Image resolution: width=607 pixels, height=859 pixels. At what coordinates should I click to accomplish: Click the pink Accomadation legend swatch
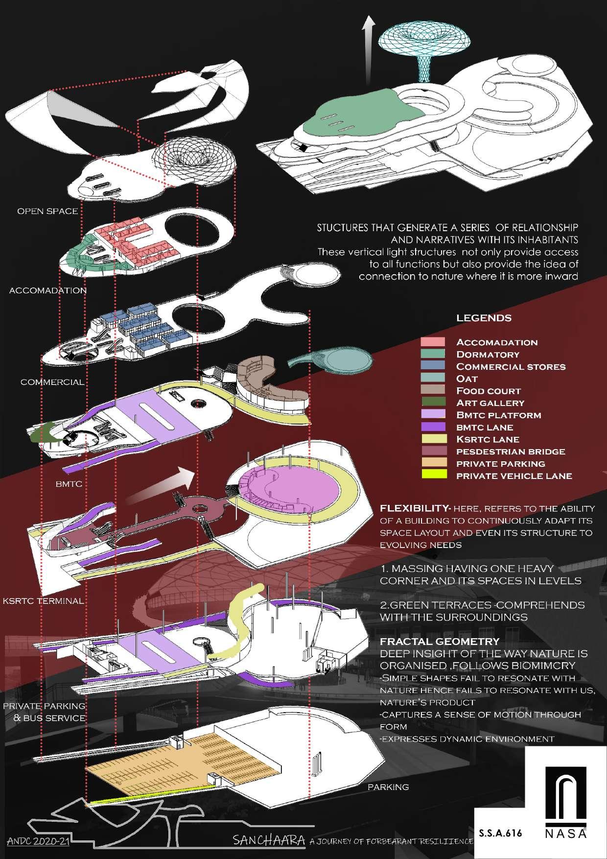tap(433, 342)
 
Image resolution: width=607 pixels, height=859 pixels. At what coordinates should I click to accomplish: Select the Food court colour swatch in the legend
tap(433, 390)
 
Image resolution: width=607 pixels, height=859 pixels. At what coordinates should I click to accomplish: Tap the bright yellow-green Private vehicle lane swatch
tap(433, 475)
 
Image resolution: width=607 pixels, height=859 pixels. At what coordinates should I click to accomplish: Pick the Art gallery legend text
tap(490, 403)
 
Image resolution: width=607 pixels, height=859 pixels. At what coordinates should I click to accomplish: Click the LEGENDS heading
tap(484, 318)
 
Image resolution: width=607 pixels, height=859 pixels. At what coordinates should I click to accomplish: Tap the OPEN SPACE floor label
tap(47, 211)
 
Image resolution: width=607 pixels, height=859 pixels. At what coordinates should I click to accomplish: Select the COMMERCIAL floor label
tap(52, 382)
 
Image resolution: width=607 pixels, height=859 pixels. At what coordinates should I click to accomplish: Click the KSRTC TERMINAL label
tap(43, 600)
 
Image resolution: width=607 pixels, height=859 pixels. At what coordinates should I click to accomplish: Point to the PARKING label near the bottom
tap(388, 787)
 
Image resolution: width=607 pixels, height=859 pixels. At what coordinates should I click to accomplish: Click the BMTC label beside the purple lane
tap(69, 484)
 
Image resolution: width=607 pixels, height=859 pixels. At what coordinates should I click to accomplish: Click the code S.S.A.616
tap(501, 833)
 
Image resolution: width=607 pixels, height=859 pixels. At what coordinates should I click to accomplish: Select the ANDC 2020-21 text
tap(38, 841)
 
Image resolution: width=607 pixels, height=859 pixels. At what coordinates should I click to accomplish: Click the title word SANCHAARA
tap(270, 840)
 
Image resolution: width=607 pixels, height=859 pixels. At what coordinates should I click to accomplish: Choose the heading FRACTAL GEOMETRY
tap(440, 641)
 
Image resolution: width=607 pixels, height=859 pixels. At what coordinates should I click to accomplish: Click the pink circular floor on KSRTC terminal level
tap(289, 490)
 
